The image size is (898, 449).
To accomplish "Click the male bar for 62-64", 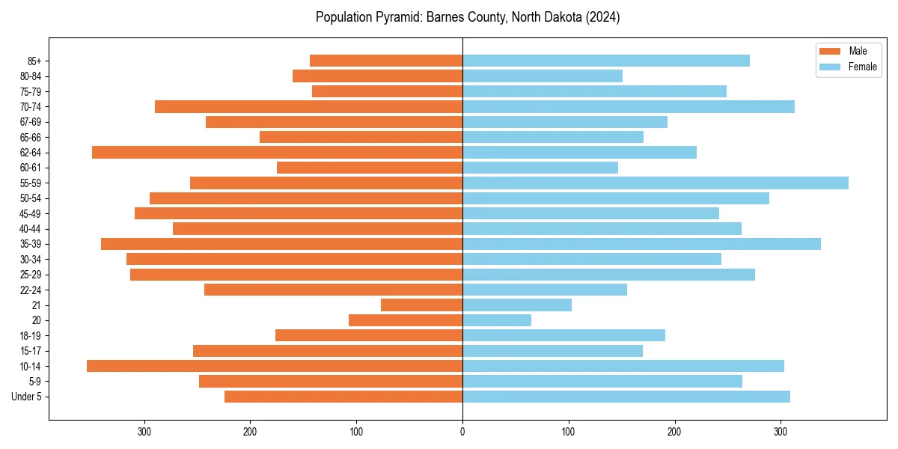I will click(277, 153).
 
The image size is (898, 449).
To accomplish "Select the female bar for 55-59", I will click(656, 183).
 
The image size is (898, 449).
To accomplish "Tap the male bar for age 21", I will click(421, 305).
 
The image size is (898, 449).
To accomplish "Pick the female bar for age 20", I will click(497, 320).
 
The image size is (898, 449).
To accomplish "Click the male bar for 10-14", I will click(275, 366).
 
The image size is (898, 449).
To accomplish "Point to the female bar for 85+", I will click(606, 61).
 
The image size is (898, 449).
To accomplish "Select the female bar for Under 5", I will click(626, 397).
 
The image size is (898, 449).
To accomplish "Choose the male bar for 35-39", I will click(281, 244).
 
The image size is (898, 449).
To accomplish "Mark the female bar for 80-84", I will click(543, 76).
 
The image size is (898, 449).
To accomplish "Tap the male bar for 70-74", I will click(308, 107).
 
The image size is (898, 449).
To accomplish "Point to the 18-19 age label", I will click(31, 336).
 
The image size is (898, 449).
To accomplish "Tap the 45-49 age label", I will click(31, 214).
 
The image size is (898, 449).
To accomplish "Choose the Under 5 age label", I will click(27, 397).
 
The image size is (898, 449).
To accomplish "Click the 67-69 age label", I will click(31, 122).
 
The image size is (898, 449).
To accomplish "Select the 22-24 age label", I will click(31, 290).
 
